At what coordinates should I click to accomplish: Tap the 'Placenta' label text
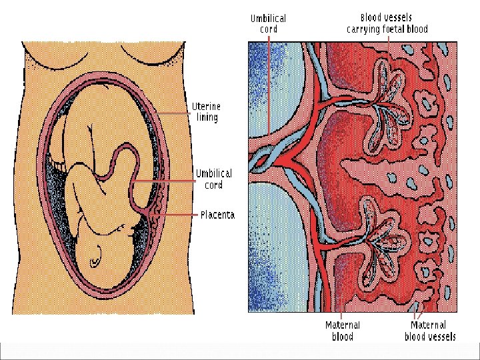217,215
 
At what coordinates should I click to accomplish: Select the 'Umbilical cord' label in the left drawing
213,179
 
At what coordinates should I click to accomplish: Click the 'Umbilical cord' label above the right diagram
268,23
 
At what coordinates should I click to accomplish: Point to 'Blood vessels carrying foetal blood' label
387,23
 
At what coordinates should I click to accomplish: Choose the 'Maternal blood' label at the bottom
342,331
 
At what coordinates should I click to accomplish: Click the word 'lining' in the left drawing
207,118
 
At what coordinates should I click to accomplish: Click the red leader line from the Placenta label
180,215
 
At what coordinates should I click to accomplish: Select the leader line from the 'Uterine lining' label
175,113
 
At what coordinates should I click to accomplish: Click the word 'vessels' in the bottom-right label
441,337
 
